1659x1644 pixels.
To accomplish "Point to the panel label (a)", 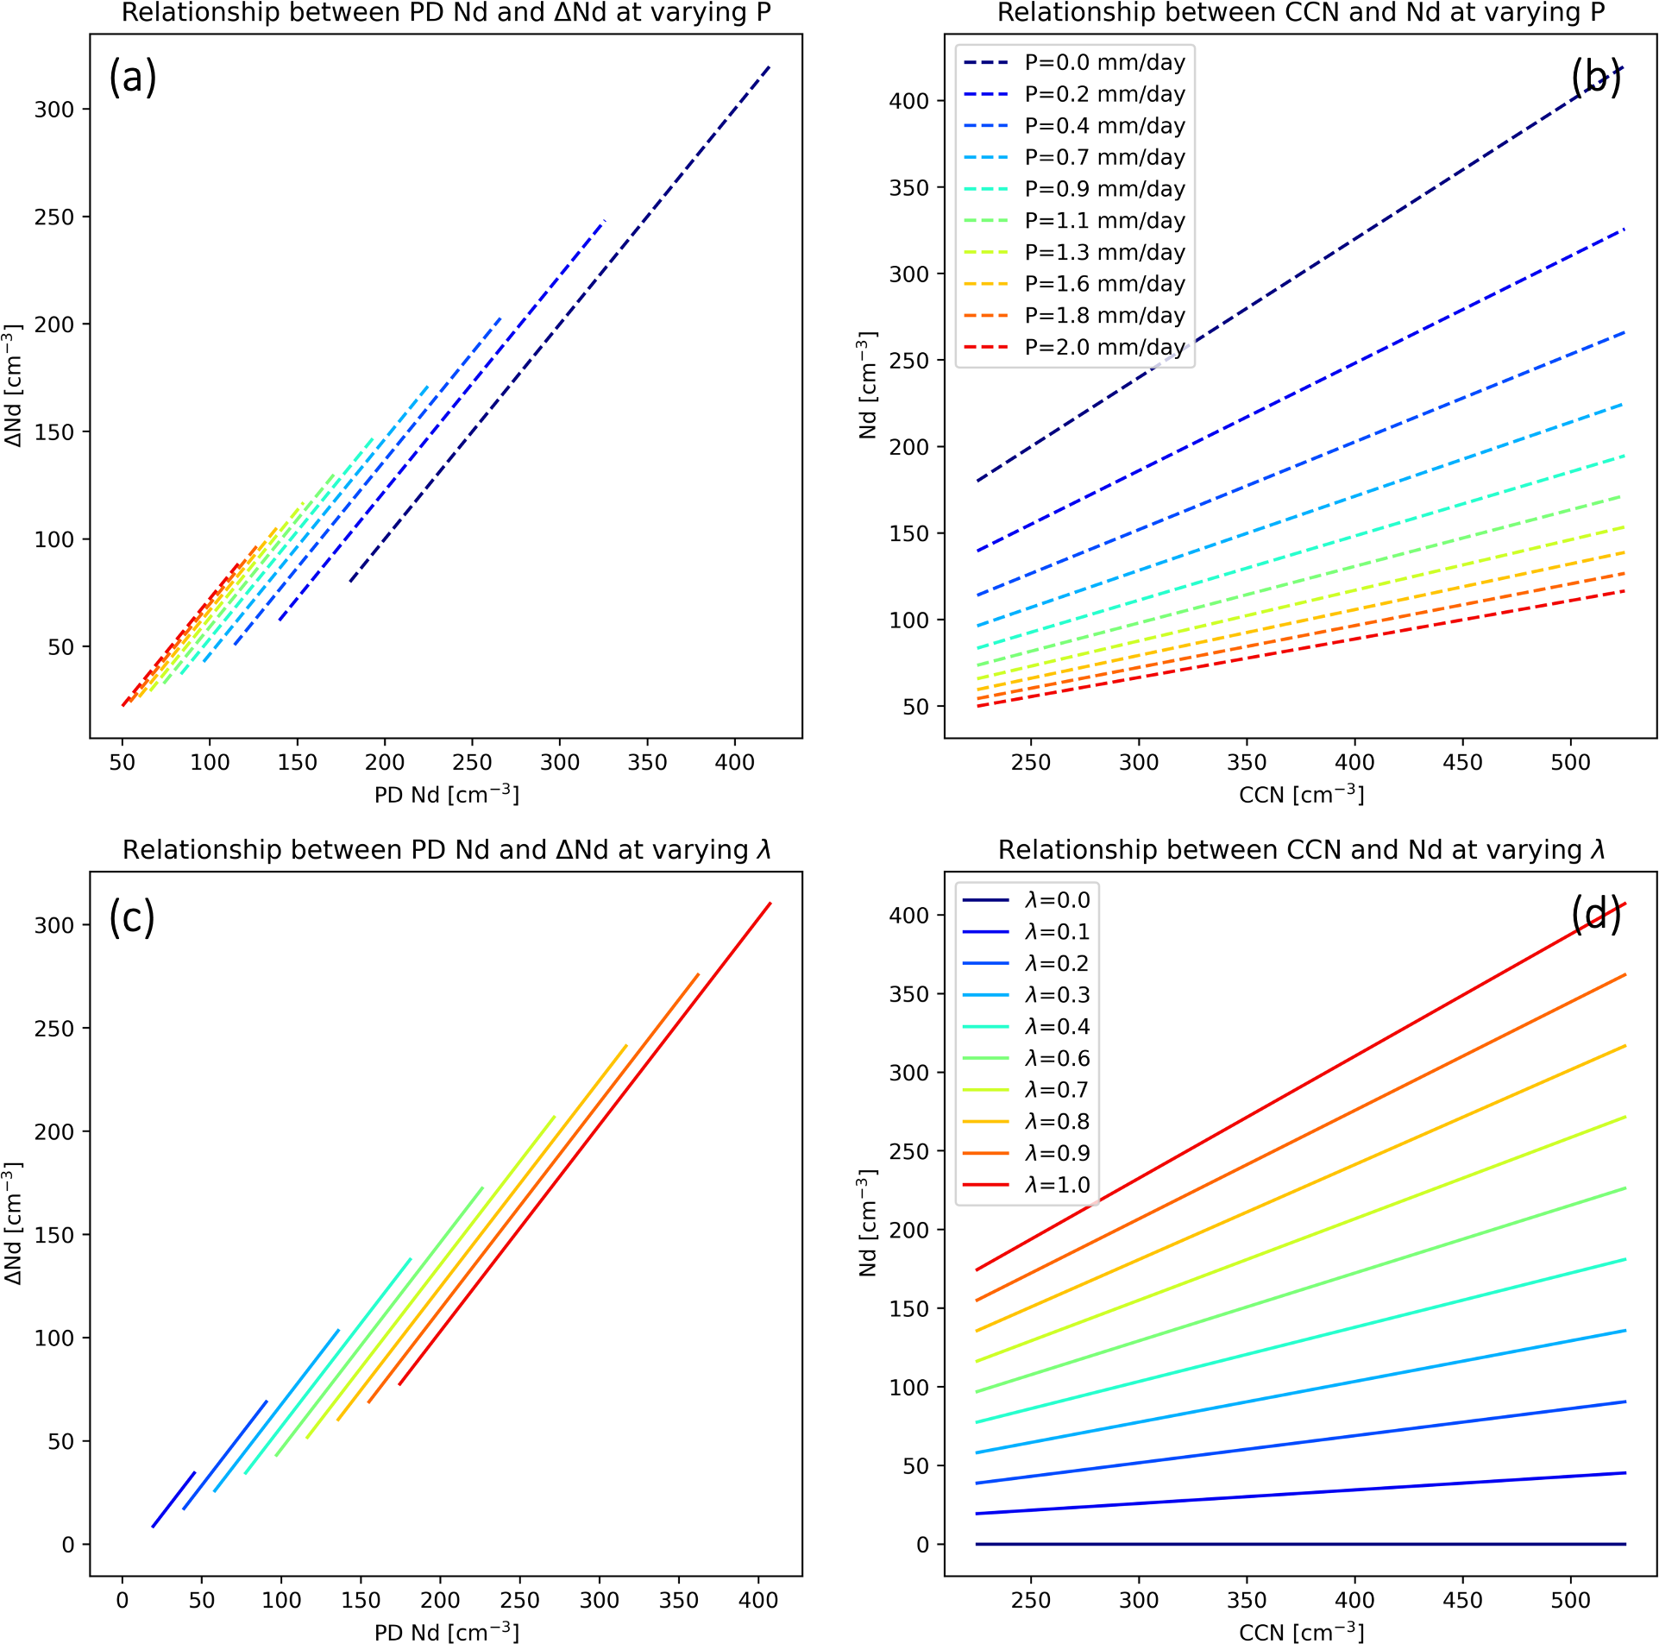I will point(132,78).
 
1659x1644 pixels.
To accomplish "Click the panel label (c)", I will point(132,916).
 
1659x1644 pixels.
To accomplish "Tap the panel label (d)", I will point(1595,915).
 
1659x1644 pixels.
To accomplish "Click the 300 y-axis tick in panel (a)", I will point(54,110).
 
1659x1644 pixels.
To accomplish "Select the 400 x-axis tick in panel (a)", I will point(734,763).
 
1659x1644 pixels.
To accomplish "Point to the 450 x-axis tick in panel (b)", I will point(1462,763).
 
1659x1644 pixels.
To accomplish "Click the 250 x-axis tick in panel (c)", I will point(519,1601).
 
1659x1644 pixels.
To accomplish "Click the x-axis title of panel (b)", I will point(1301,795).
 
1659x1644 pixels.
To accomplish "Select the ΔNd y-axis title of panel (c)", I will point(13,1224).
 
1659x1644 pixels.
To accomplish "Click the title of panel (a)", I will point(446,13).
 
